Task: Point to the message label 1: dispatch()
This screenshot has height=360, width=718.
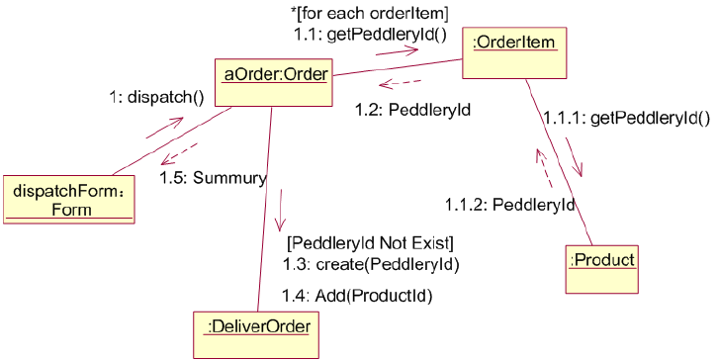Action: coord(156,97)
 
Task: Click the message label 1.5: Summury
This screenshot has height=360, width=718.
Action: coord(213,178)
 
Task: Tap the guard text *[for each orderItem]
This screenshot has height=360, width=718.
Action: coord(370,14)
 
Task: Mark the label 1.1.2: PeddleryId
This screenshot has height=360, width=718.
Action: coord(509,205)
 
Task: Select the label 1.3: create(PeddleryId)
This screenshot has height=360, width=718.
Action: coord(371,264)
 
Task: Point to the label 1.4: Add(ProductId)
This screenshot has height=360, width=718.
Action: coord(358,295)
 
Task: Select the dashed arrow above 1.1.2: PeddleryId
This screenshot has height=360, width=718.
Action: coord(543,167)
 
